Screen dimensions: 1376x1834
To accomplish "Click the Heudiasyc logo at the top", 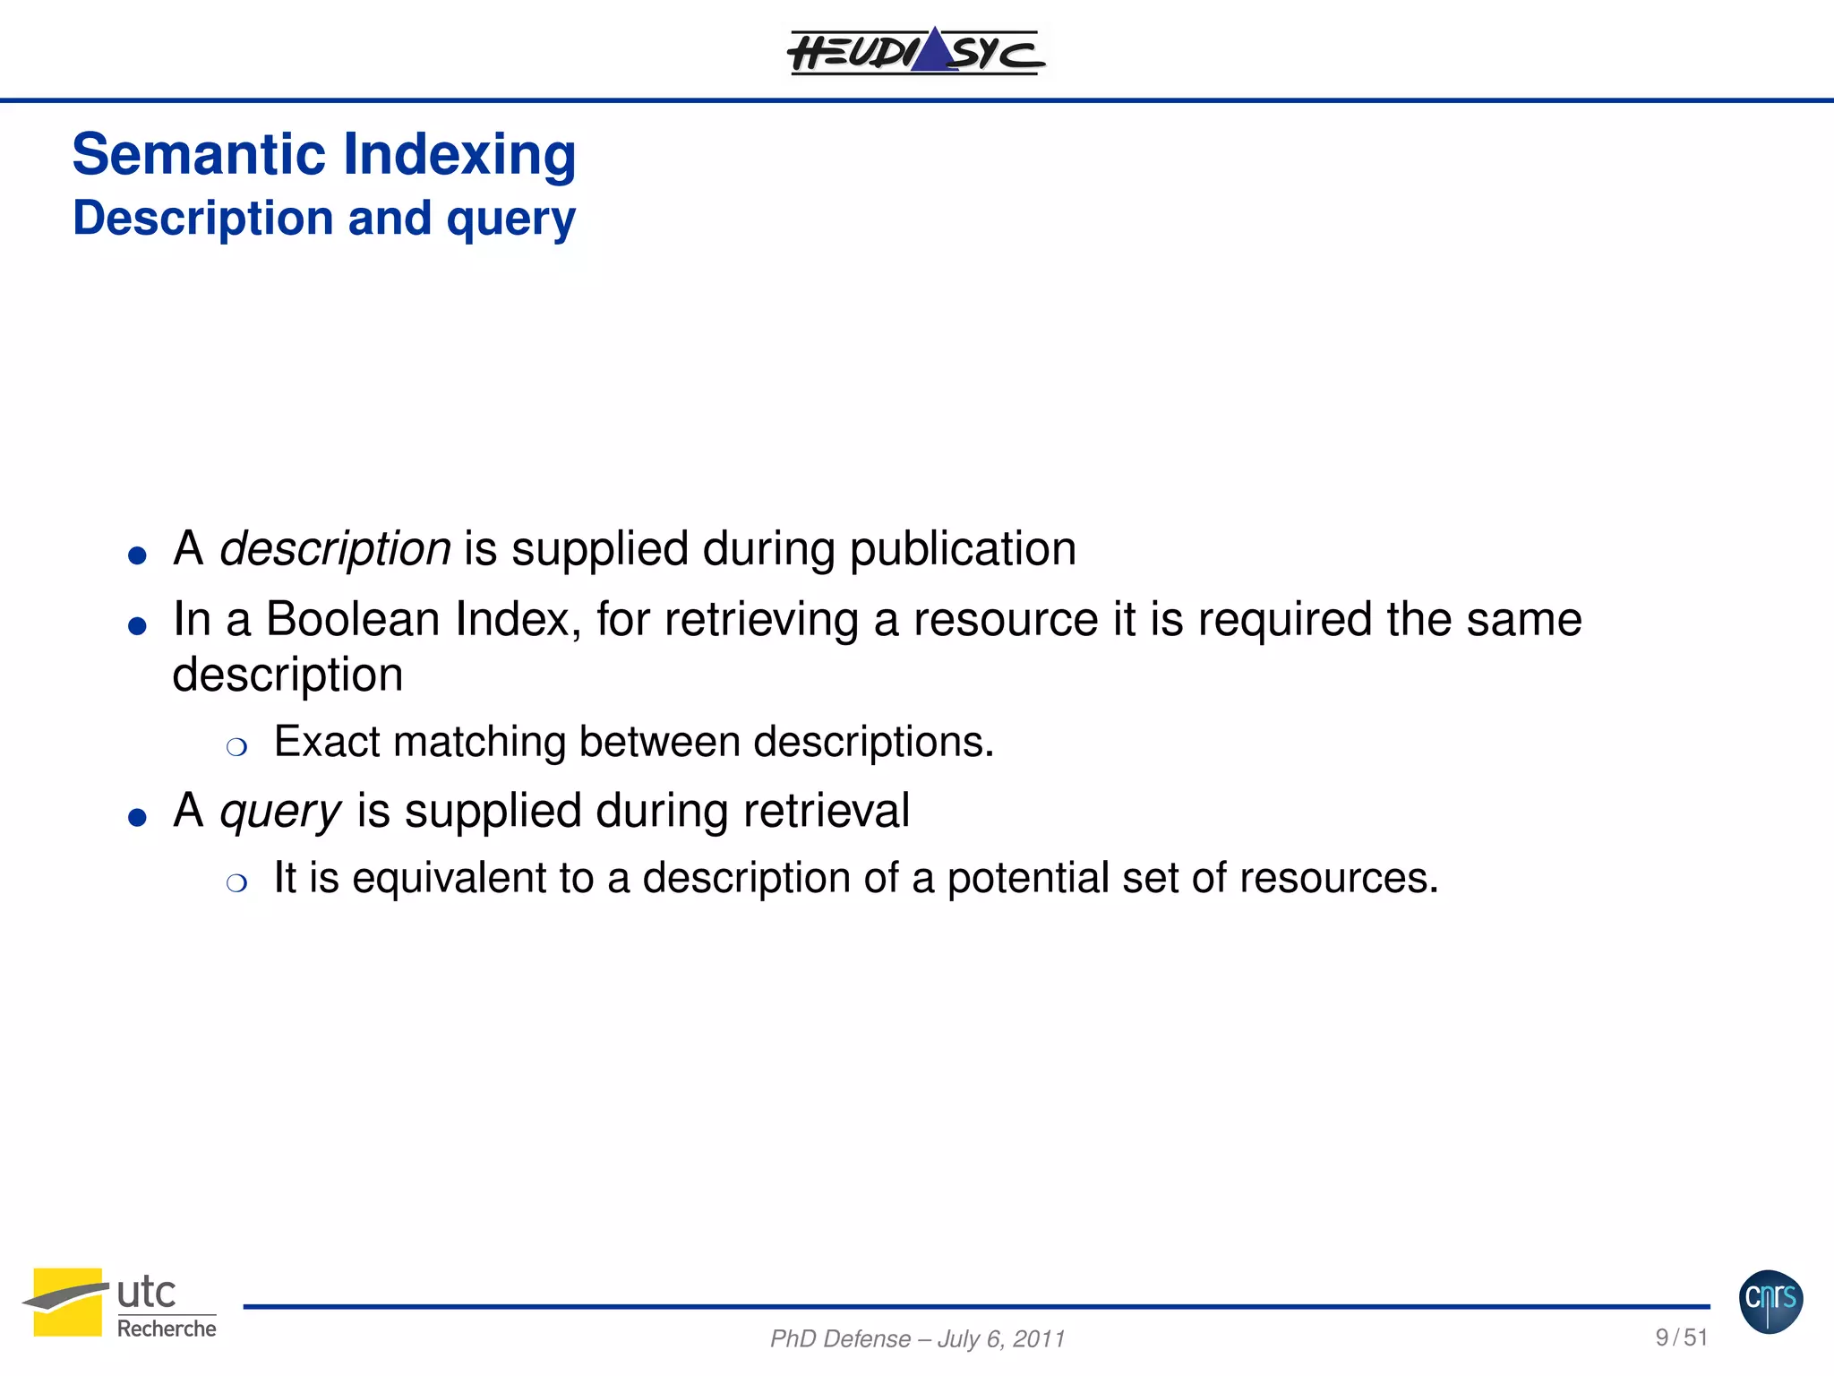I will (915, 51).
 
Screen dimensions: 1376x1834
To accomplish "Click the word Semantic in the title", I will (198, 154).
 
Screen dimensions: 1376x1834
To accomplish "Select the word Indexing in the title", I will (459, 156).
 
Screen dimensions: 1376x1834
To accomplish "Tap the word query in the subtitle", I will (510, 219).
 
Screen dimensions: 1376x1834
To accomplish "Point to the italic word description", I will (335, 548).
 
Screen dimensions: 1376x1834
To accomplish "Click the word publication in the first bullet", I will (963, 549).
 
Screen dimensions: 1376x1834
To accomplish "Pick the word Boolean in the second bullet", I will (353, 619).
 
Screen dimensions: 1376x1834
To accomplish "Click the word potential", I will (1028, 879).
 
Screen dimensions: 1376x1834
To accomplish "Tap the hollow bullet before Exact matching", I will (236, 747).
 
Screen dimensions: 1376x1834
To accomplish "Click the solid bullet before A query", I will (137, 817).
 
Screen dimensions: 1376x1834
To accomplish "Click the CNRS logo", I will (1770, 1302).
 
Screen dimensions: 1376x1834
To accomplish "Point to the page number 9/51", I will (1681, 1337).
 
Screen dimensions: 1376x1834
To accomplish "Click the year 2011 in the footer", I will (1039, 1339).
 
